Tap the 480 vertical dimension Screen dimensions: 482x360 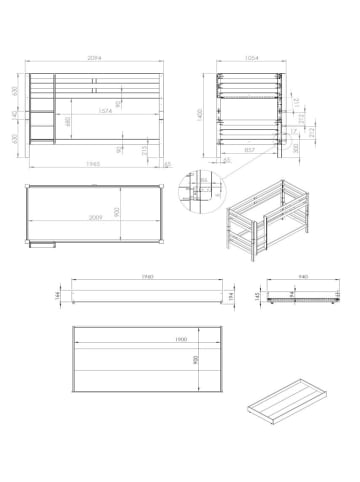click(x=68, y=124)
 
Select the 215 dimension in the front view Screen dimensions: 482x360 click(x=146, y=149)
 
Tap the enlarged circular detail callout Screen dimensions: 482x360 click(x=198, y=190)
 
